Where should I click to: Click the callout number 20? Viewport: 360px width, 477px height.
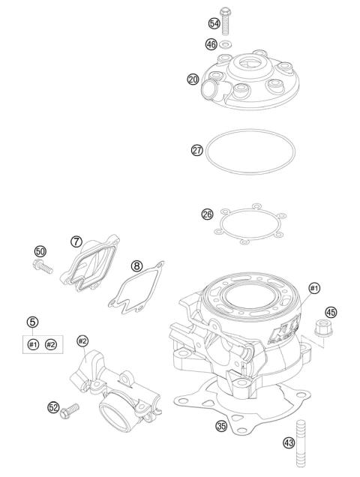193,77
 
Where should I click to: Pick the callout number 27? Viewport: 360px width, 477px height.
197,150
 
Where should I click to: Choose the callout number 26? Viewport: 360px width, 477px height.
207,214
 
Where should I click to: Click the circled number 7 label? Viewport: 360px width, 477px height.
76,241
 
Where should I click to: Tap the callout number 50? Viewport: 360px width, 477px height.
40,250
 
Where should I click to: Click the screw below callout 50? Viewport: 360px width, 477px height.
43,265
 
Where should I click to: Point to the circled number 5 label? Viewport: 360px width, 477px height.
32,322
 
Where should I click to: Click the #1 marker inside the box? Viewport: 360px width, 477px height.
32,344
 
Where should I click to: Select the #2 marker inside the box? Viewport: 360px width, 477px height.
51,344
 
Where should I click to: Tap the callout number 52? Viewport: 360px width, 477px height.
54,407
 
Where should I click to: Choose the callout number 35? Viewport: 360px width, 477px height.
220,426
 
